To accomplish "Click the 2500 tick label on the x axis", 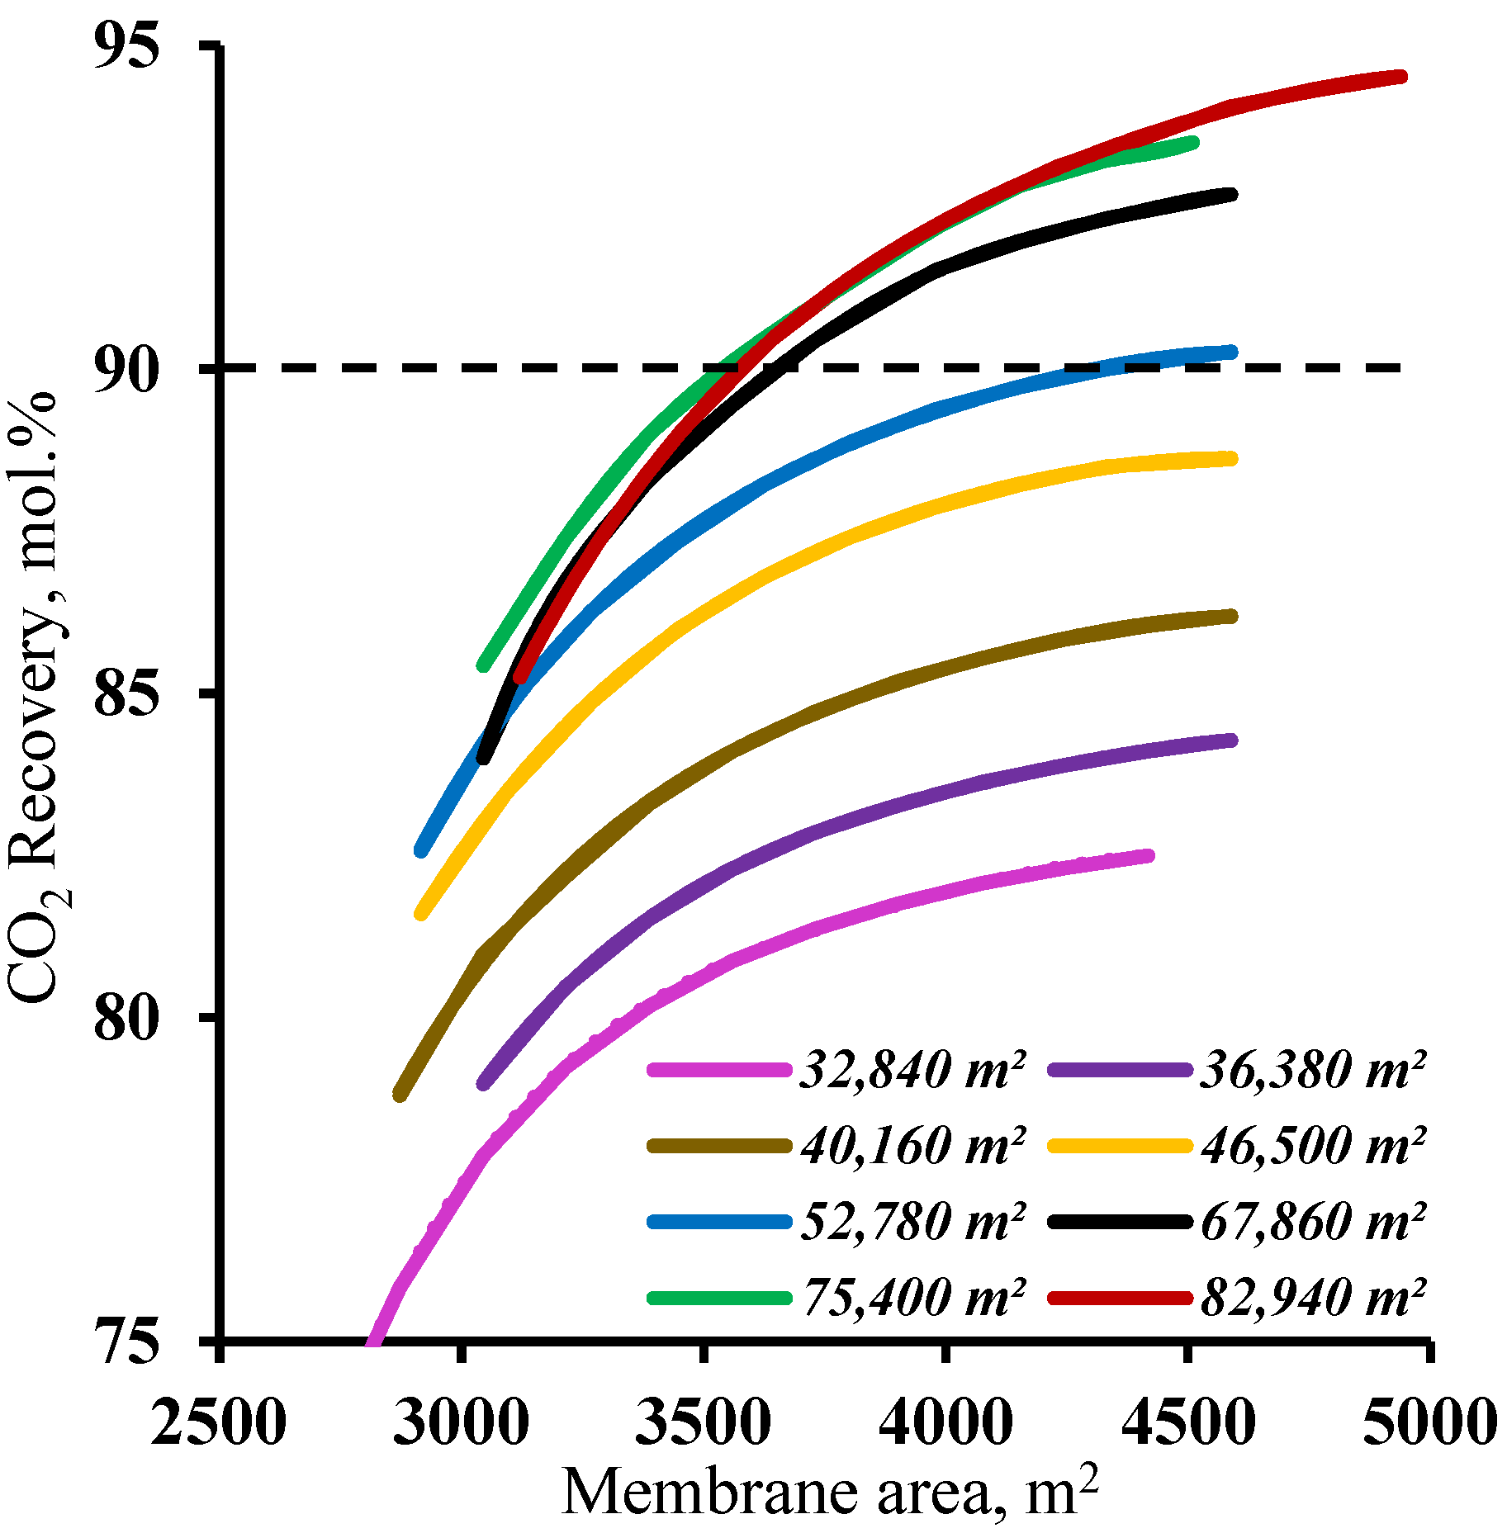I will pyautogui.click(x=219, y=1422).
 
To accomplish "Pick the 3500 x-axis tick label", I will pyautogui.click(x=703, y=1422).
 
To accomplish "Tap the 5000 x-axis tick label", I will pyautogui.click(x=1429, y=1422).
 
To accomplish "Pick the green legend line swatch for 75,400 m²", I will pyautogui.click(x=718, y=1298).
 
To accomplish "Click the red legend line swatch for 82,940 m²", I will pyautogui.click(x=1120, y=1298).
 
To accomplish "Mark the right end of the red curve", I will pyautogui.click(x=1400, y=78).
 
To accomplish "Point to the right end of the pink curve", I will pyautogui.click(x=1149, y=856).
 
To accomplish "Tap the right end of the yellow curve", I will pyautogui.click(x=1232, y=459).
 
